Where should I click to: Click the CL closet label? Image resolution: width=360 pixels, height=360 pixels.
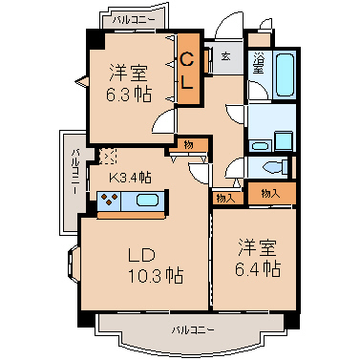click(187, 71)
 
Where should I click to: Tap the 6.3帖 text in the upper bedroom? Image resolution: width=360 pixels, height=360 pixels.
click(129, 95)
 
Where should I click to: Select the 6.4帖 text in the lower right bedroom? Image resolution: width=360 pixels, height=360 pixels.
click(258, 269)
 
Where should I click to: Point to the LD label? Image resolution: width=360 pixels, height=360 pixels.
click(141, 255)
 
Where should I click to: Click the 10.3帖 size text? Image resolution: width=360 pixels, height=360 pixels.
click(156, 275)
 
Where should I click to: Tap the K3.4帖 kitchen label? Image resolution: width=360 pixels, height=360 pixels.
click(130, 177)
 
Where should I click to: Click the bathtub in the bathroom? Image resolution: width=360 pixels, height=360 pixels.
click(285, 74)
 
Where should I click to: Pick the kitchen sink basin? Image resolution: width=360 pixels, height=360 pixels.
click(147, 201)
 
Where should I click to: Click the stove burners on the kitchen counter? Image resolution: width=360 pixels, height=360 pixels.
click(109, 201)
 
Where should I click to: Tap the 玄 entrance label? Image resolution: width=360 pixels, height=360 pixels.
click(225, 56)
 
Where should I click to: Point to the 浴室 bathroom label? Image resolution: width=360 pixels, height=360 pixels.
click(258, 63)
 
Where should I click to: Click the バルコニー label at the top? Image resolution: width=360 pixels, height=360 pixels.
click(134, 20)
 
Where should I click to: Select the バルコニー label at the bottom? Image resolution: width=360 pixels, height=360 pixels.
click(193, 330)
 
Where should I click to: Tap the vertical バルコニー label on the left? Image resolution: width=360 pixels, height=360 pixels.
click(75, 172)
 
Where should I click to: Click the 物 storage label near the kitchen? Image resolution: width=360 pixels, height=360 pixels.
click(188, 145)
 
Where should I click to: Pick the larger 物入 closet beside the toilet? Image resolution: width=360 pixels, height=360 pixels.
click(271, 193)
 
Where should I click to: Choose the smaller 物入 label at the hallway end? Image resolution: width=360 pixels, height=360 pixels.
click(226, 199)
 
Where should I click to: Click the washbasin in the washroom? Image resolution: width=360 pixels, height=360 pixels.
click(260, 146)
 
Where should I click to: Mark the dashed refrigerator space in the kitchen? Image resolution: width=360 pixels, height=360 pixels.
click(108, 157)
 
